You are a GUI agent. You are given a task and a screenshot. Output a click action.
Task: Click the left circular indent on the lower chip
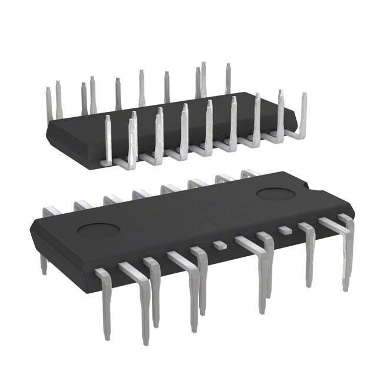click(x=99, y=230)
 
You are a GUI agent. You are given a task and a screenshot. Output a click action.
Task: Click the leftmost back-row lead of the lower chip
click(x=52, y=211)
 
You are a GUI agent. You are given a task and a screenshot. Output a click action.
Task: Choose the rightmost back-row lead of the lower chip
click(x=250, y=173)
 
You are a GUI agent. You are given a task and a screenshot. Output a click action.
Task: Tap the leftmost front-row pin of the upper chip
click(x=108, y=138)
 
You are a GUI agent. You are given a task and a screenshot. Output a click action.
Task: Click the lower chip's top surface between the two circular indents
click(x=188, y=212)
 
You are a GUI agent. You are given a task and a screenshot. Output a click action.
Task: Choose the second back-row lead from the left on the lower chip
click(x=82, y=204)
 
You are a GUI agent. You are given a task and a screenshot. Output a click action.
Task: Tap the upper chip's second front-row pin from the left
click(x=133, y=138)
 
